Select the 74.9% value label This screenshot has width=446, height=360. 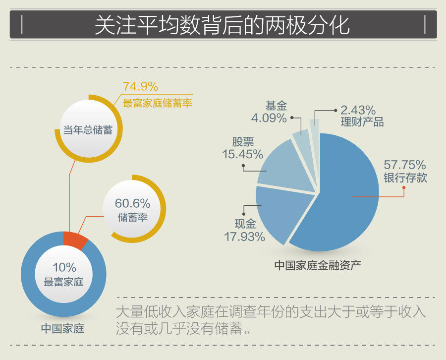coord(140,87)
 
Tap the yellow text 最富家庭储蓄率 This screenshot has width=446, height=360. coord(157,104)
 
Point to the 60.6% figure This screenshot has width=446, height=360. coord(132,203)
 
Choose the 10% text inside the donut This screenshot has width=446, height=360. coord(64,268)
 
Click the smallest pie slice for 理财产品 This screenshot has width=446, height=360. coord(314,126)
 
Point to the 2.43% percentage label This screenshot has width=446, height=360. coord(358,110)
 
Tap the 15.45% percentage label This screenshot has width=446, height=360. coord(242,154)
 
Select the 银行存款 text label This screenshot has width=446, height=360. coord(405,178)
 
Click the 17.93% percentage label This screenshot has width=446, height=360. coord(244,237)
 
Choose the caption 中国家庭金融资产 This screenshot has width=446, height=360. coord(318,265)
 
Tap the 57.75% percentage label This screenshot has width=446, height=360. coord(405,165)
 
